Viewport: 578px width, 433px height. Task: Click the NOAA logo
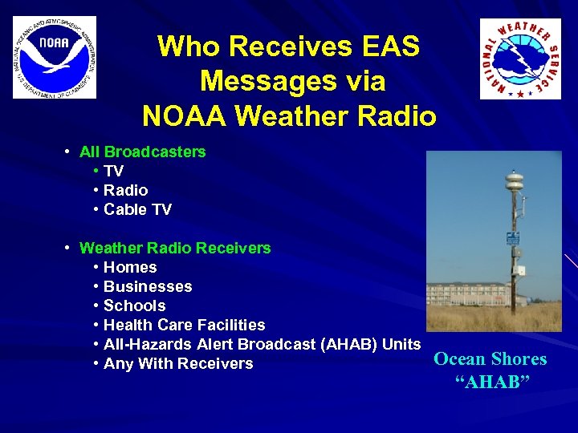(x=54, y=57)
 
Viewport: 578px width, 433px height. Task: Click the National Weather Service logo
(x=520, y=59)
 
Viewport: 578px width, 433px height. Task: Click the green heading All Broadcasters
(x=142, y=152)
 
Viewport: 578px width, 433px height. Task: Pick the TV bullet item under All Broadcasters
(x=113, y=171)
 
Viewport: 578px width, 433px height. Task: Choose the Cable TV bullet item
(x=137, y=209)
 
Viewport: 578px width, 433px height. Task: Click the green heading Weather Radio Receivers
(x=175, y=248)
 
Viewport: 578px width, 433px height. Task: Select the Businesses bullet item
(x=148, y=286)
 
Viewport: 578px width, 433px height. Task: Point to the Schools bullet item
(x=134, y=306)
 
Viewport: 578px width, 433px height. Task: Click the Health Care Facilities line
(x=184, y=325)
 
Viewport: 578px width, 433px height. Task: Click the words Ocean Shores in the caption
(x=490, y=359)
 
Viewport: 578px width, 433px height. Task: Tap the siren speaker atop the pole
(x=513, y=182)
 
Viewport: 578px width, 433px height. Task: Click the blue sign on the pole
(x=511, y=239)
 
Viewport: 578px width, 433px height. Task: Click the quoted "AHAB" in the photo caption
(x=492, y=382)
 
